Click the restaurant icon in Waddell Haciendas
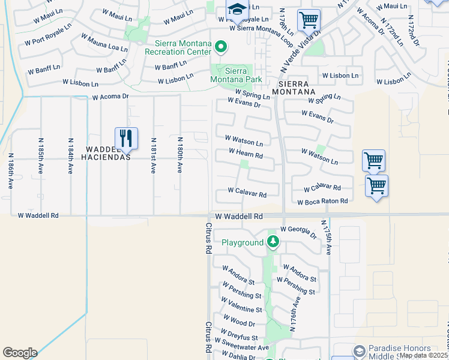pos(126,139)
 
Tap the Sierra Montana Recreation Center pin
pos(221,46)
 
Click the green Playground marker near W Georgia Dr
pos(273,242)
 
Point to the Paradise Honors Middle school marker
pos(359,351)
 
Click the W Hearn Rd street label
pos(246,155)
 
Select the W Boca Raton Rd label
pos(322,202)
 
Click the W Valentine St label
pos(243,310)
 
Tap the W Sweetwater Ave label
pos(246,347)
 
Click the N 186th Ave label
pos(11,171)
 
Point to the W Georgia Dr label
pos(298,232)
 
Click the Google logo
pos(20,353)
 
